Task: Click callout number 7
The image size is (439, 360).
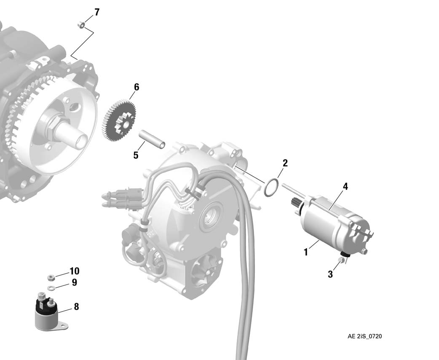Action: (97, 12)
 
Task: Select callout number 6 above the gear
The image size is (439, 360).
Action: (137, 87)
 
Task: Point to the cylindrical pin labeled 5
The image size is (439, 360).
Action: (152, 139)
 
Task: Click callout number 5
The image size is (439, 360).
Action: (136, 155)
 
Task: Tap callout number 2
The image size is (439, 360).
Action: (285, 163)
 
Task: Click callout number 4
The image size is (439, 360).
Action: (345, 186)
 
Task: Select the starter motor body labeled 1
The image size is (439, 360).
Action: (333, 224)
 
